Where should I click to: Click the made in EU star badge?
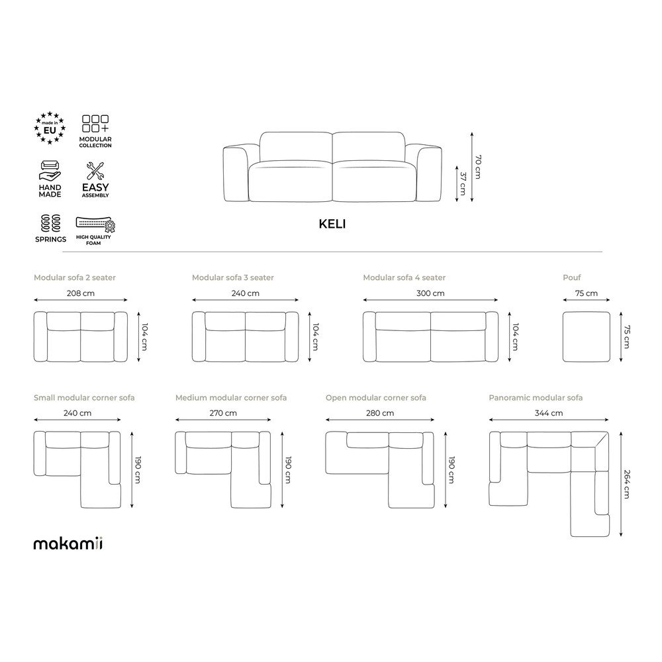(x=50, y=128)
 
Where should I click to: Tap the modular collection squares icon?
(x=95, y=124)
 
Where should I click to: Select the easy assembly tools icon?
(x=95, y=171)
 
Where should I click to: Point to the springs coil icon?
(x=51, y=223)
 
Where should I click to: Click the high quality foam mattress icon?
(x=95, y=224)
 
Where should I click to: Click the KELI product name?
(x=332, y=224)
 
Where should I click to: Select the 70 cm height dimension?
(x=477, y=167)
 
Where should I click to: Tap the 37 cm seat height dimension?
(x=463, y=183)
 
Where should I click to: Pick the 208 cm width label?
(x=81, y=293)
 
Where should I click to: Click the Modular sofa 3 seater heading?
(x=232, y=277)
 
